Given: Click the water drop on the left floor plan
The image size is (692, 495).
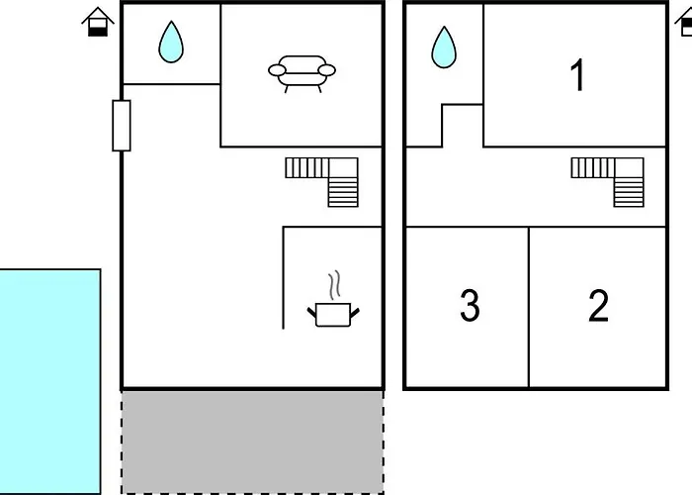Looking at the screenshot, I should pos(172,42).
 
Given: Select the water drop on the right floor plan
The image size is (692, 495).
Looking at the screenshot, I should pos(444,46).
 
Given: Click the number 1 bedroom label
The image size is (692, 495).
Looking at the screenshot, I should pos(578,76).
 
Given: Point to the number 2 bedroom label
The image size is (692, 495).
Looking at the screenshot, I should pos(598,307).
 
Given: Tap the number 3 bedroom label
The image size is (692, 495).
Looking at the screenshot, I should pos(470,307).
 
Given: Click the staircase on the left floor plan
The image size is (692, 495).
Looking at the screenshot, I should pos(323,179).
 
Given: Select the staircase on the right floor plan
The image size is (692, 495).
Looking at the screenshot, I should pos(608,179).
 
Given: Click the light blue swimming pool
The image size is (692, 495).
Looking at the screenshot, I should pos(49,381).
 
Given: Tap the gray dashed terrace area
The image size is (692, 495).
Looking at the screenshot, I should pos(252,442).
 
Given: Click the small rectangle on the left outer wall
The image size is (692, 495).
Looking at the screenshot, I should pos(122,125).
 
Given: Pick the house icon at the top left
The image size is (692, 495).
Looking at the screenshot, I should pos(97,22).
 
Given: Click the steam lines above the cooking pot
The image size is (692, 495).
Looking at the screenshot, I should pos(335,284).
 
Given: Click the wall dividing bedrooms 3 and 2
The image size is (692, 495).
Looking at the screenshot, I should pos(529,307).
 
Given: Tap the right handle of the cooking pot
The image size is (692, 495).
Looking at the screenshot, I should pos(355,311).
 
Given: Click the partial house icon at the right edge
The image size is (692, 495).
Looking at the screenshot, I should pos(684,22).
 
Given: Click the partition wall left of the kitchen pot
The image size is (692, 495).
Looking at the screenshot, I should pos(284,277).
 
